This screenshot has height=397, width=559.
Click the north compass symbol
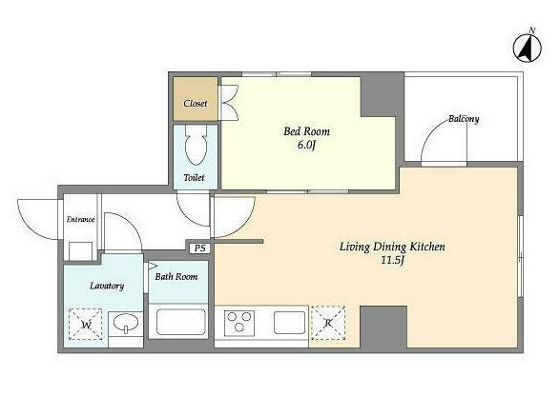(528, 46)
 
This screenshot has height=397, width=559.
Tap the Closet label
(196, 104)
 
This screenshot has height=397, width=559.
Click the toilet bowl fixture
(196, 145)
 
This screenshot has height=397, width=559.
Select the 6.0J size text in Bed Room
(306, 146)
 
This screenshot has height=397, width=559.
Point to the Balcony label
(464, 118)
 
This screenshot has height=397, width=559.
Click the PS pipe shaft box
(200, 248)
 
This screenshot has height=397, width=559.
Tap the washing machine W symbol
(86, 324)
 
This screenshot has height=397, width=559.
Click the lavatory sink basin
(126, 324)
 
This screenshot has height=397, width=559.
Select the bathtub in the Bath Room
(178, 321)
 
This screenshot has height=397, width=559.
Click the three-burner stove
(239, 323)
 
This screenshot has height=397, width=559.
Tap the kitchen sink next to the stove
(289, 323)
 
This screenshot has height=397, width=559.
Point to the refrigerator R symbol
(328, 323)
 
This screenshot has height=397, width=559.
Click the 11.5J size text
(392, 261)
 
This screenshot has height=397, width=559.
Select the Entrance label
(80, 220)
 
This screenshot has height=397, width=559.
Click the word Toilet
(195, 177)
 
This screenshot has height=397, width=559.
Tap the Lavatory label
(107, 286)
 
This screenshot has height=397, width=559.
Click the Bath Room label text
(176, 276)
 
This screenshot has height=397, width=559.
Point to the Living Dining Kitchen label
(392, 247)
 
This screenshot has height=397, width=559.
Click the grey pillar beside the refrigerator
(383, 327)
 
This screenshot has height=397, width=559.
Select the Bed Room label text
(306, 131)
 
